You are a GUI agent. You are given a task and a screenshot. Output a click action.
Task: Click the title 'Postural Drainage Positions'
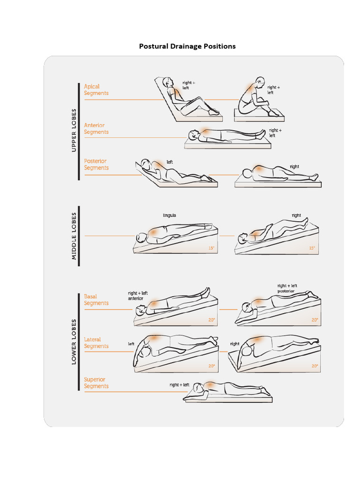[x=187, y=46]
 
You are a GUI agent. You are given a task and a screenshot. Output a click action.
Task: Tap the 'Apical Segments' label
[x=96, y=90]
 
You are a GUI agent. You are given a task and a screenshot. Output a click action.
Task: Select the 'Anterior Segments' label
[x=96, y=128]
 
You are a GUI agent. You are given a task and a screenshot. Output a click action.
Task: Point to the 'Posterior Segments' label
[x=96, y=165]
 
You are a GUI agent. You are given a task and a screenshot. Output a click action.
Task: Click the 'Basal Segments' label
[x=96, y=300]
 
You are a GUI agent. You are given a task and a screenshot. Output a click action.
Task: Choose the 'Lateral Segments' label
[x=96, y=343]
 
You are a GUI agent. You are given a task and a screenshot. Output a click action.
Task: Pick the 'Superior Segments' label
[x=96, y=383]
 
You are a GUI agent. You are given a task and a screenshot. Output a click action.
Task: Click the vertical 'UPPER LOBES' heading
[x=74, y=130]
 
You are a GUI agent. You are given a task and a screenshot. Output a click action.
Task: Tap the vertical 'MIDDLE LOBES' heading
[x=74, y=236]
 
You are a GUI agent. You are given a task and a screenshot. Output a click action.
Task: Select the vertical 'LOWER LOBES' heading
[x=74, y=342]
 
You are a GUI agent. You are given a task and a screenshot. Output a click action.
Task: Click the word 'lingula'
[x=169, y=216]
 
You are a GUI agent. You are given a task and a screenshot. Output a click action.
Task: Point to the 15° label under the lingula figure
[x=211, y=248]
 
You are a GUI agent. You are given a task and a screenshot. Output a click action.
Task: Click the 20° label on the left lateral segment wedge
[x=211, y=366]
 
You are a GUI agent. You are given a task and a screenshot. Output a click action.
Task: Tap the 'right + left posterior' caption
[x=287, y=288]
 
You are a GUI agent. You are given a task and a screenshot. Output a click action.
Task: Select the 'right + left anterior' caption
[x=138, y=296]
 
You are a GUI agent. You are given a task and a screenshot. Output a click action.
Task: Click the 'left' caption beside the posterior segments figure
[x=170, y=162]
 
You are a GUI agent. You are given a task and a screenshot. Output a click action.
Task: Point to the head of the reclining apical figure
[x=168, y=82]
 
